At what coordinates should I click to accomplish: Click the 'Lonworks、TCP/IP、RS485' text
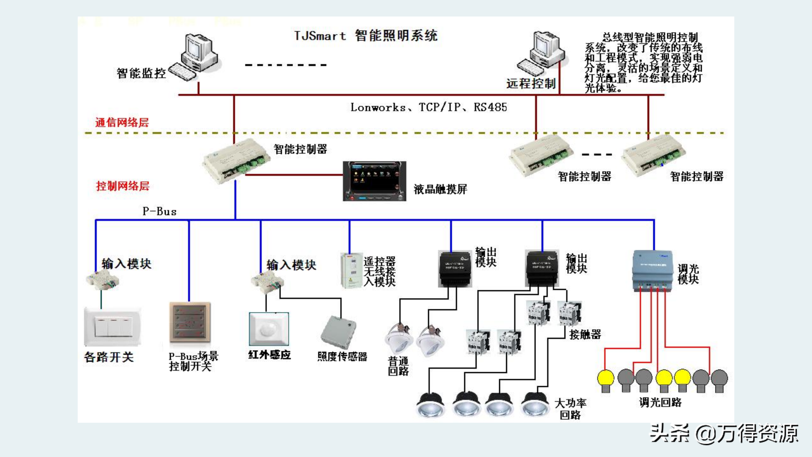(x=429, y=107)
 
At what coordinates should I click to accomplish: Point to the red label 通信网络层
(x=122, y=123)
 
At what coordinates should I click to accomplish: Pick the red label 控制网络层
(x=122, y=186)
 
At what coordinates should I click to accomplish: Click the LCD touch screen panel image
(x=374, y=181)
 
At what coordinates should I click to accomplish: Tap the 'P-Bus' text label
(x=159, y=211)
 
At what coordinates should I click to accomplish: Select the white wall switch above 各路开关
(x=113, y=327)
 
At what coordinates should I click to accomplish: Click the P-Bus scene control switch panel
(x=190, y=322)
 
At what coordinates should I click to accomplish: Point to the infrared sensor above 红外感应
(x=269, y=329)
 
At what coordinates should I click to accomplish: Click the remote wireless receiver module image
(x=351, y=270)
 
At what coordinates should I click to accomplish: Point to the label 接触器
(x=585, y=334)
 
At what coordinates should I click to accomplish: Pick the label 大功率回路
(x=570, y=409)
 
